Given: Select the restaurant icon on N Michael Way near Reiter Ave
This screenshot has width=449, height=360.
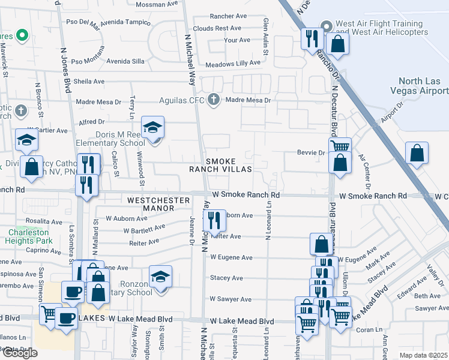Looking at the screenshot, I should coord(214,220).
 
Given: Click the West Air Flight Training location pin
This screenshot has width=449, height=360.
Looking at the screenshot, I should coord(327,26).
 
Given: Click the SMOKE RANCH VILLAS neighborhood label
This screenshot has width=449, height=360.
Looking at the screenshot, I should coord(229,166).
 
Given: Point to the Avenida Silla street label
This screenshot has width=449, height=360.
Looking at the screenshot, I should coord(125,61).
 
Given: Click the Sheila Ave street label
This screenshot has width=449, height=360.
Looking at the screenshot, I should coord(89,82).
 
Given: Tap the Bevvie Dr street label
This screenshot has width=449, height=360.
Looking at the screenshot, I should coord(310,153).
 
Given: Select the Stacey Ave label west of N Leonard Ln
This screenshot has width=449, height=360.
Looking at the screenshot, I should coord(226,278).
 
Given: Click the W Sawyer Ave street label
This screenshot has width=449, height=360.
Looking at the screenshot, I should coord(231,299).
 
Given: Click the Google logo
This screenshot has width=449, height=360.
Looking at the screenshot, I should coord(19,353).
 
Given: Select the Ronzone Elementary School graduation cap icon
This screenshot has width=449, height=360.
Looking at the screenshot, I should coord(160,277).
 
